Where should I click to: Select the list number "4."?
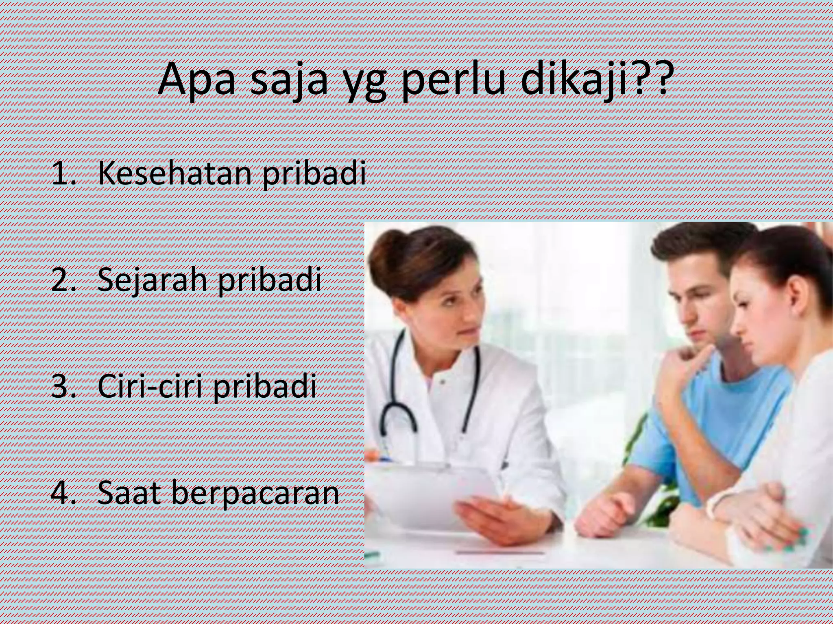(x=63, y=493)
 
